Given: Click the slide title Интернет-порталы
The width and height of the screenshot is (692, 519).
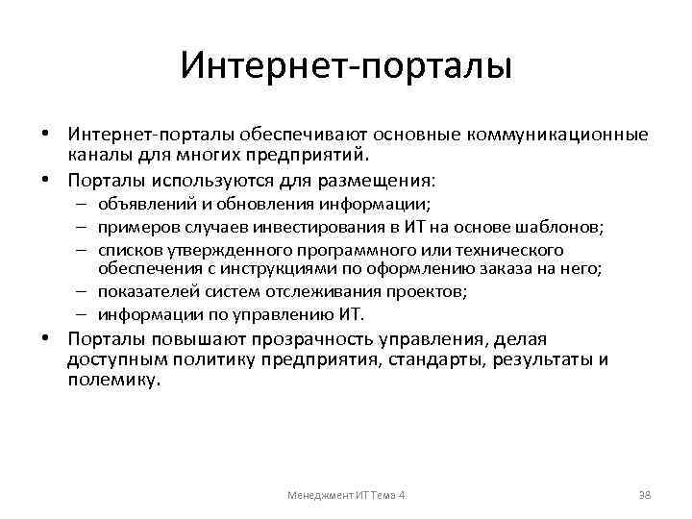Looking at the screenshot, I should pyautogui.click(x=346, y=66).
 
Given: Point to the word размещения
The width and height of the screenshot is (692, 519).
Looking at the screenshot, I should pyautogui.click(x=382, y=180).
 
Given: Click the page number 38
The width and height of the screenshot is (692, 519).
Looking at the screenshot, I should pyautogui.click(x=646, y=495).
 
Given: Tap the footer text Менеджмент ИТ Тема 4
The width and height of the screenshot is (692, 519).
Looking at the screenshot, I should pyautogui.click(x=347, y=495).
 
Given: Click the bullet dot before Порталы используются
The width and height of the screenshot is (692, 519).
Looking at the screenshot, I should pyautogui.click(x=45, y=180).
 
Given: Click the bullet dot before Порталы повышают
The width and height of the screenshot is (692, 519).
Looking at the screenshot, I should pyautogui.click(x=45, y=339).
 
